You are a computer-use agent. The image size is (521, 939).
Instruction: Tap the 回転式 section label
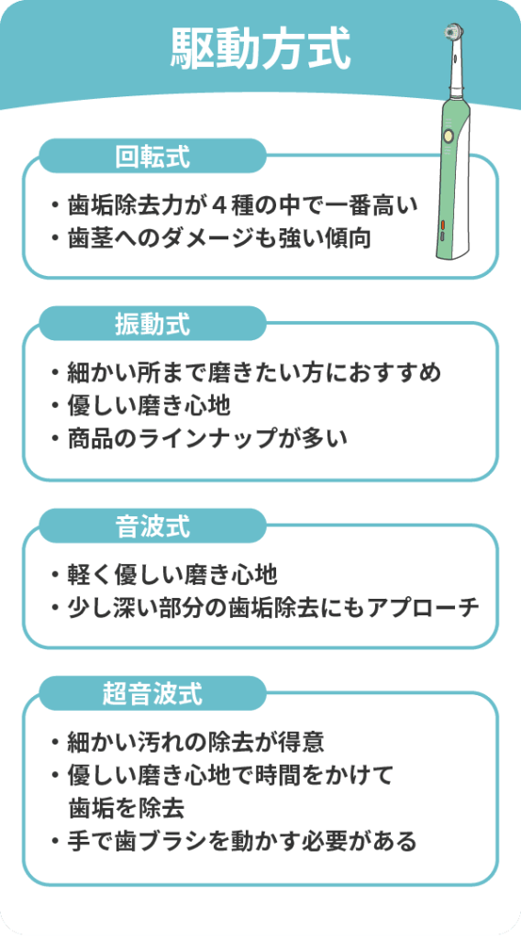[x=152, y=157]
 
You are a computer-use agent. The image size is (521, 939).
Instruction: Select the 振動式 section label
[x=152, y=325]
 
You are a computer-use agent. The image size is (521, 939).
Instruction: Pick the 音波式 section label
[x=152, y=527]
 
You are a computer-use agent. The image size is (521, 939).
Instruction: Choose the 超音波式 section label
[x=152, y=694]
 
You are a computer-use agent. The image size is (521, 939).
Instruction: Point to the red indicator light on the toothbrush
[x=442, y=226]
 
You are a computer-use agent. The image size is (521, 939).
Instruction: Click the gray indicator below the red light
[x=442, y=236]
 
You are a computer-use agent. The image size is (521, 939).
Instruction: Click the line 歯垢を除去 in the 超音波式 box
[x=127, y=809]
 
